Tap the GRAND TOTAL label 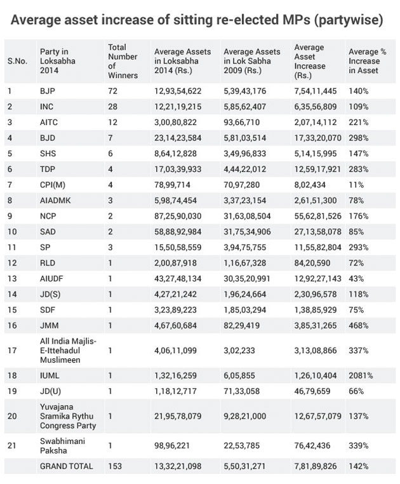tap(66, 466)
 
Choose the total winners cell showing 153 tap(114, 466)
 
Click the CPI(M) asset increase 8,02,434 tap(311, 184)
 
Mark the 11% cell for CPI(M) tap(356, 184)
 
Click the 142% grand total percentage tap(357, 466)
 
